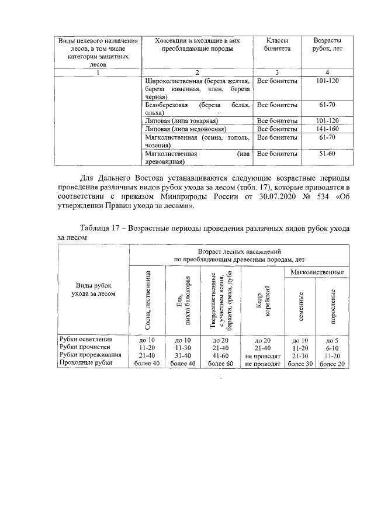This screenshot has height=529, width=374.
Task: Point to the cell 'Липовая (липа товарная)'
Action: [x=182, y=120]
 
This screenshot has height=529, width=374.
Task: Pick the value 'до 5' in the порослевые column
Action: [x=333, y=339]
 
